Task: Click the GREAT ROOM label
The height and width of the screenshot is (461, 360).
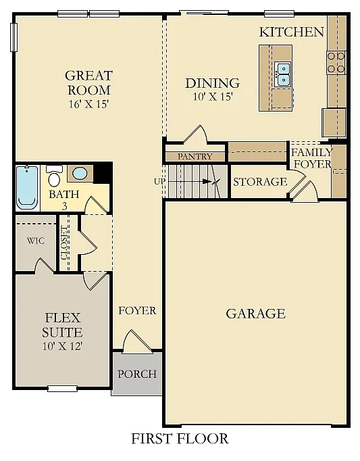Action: coord(88,82)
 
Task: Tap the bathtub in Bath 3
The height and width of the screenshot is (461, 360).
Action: coord(28,186)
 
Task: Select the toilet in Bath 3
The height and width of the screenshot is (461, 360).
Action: coord(55,177)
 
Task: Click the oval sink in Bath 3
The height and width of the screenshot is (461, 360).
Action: coord(79,173)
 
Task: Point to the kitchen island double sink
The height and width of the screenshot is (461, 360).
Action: coord(283,74)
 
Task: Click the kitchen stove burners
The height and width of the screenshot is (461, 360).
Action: coord(336,63)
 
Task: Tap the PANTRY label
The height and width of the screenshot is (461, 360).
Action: coord(195,157)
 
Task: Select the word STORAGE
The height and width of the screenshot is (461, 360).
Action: coord(260,182)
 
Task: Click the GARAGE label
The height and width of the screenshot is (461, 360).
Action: coord(255,314)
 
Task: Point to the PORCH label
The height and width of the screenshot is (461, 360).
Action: coord(137,374)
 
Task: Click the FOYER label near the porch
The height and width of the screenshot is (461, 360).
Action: coord(137,311)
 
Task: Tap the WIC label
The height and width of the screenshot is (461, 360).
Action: coord(36,241)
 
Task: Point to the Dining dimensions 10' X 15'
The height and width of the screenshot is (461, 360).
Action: coord(213,97)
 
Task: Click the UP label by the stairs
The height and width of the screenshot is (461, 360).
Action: coord(159,182)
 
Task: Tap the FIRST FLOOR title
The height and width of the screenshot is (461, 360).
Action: coord(180,439)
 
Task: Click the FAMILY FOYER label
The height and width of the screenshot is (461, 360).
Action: coord(311,158)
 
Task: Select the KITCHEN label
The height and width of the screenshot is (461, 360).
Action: coord(292,32)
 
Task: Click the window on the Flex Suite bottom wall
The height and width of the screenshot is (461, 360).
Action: coord(62,388)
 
